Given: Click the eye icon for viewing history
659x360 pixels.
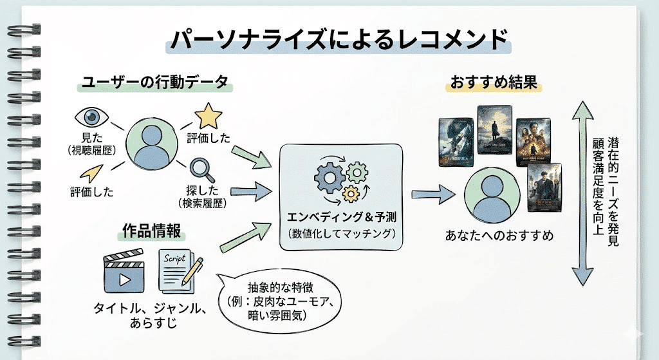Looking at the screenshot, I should point(93,117).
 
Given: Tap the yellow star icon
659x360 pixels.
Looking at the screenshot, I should point(209,116).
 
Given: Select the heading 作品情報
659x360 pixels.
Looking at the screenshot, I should point(152,231).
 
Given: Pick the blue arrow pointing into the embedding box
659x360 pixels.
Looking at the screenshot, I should point(248,189).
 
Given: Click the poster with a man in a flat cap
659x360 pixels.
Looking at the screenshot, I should point(544,188).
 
